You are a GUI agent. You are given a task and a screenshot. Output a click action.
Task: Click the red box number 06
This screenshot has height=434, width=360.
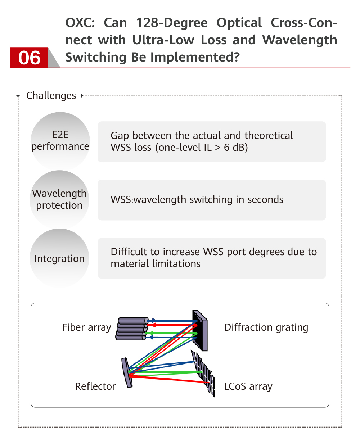point(29,58)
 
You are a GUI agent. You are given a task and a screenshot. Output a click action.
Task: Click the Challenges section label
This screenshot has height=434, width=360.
point(51,96)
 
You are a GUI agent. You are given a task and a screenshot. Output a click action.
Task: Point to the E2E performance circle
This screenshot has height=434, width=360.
point(60,141)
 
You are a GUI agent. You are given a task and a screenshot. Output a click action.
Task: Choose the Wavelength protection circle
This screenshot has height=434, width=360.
point(59,199)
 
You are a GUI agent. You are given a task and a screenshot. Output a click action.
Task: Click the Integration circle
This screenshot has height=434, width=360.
point(59,258)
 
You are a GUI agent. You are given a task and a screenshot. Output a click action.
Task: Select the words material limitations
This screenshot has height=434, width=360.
point(156,264)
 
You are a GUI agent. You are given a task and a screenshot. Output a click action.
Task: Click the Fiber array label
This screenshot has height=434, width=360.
point(86,327)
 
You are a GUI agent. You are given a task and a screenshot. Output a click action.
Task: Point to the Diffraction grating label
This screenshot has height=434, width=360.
point(266,327)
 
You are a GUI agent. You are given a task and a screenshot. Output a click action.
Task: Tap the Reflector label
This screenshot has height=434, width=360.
point(95,386)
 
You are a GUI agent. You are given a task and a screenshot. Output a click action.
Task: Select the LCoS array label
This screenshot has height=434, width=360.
point(248,386)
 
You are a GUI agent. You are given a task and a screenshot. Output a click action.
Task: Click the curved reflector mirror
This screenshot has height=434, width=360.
point(126,372)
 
